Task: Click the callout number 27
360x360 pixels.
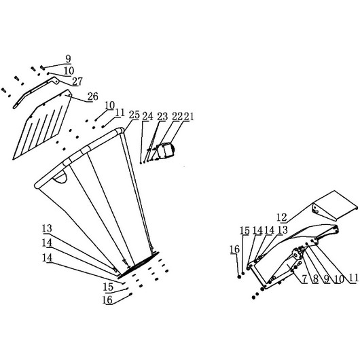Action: point(77,82)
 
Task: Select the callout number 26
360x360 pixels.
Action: point(93,96)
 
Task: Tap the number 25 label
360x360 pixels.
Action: point(134,115)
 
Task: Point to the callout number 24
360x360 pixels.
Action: point(147,116)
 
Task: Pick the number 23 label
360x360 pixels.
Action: point(162,117)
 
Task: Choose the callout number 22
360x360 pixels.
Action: point(177,117)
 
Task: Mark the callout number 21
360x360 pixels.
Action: point(189,117)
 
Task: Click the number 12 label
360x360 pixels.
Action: point(282,217)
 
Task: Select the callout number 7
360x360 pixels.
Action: point(304,279)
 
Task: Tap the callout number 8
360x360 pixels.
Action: point(316,279)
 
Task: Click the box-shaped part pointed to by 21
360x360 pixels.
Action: point(166,150)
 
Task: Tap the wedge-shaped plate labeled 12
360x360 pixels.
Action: point(335,206)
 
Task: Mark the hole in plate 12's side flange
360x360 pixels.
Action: point(316,209)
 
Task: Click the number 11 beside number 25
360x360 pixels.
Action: point(120,113)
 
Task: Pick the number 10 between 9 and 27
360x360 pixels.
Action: point(69,71)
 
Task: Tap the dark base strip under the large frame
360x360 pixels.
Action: point(139,264)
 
